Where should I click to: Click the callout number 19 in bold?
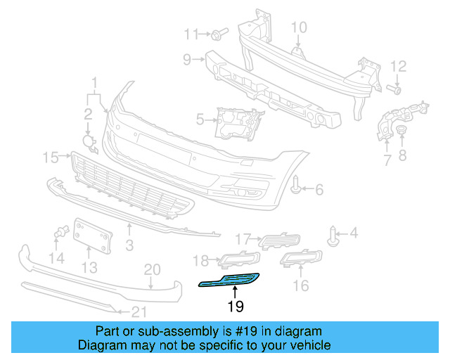pos(235,307)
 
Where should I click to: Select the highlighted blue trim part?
pos(229,282)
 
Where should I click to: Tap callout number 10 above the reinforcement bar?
pos(299,28)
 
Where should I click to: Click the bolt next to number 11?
pos(217,34)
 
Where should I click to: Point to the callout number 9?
pos(187,60)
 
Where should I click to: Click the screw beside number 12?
pos(394,89)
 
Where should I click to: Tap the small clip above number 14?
pos(62,231)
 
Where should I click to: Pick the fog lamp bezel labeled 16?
pos(300,259)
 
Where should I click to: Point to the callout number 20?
pos(153,269)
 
